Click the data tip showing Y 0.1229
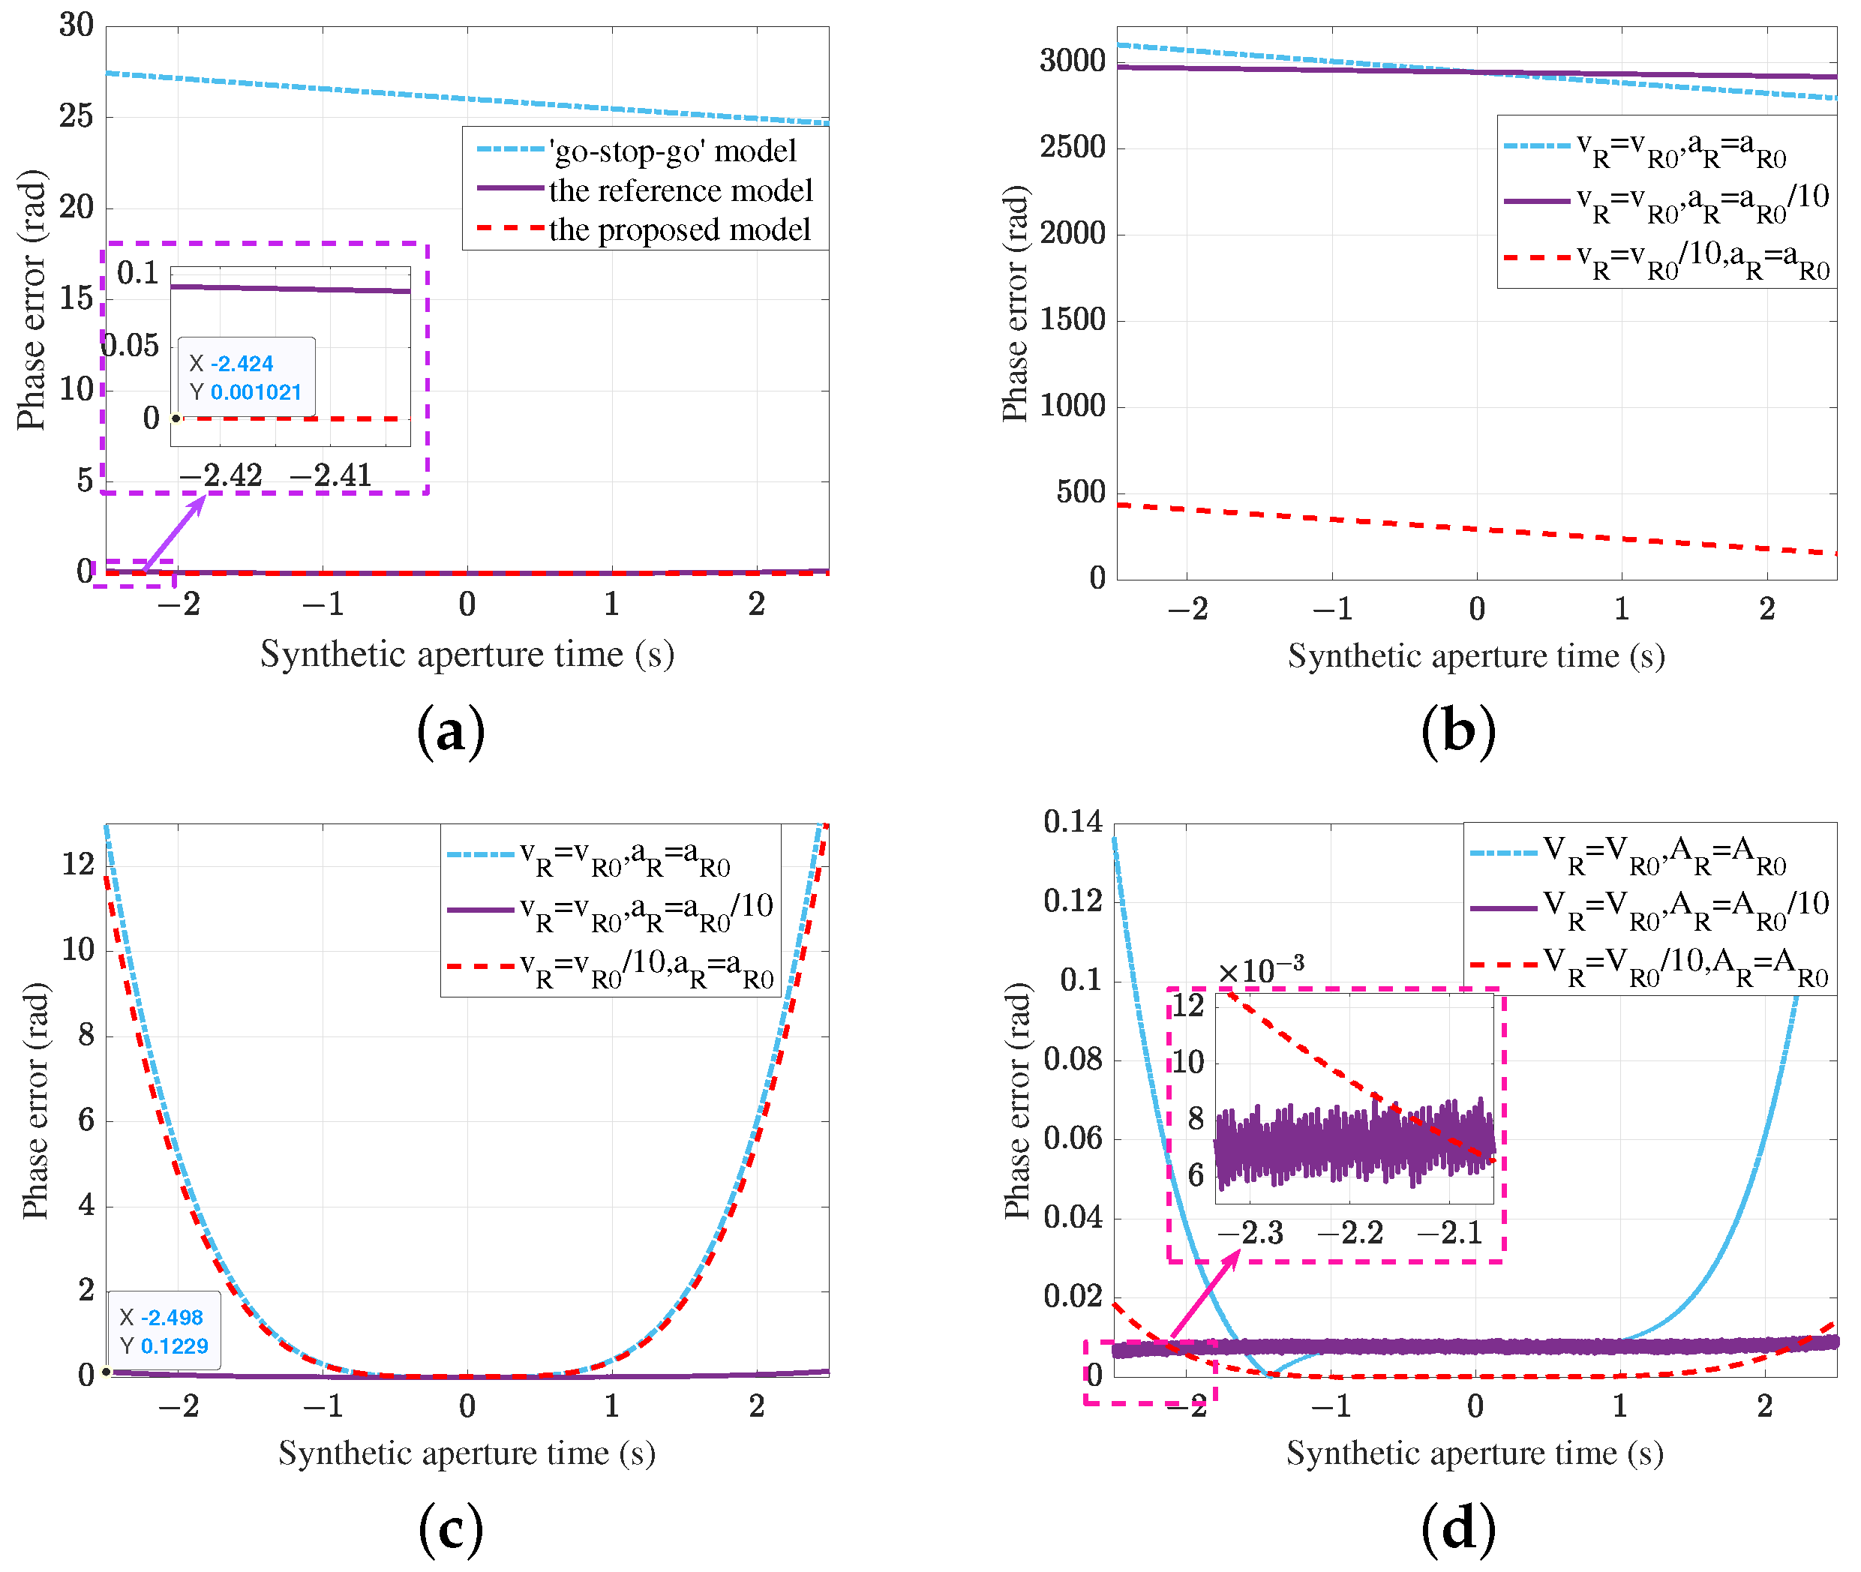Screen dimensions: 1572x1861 (164, 1331)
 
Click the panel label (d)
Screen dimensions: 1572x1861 (1457, 1529)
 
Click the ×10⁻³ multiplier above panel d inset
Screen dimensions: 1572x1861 (1260, 970)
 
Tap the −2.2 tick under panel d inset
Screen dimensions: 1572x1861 (1349, 1233)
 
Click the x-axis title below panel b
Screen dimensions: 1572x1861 (1476, 657)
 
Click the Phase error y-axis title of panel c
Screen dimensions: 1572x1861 (36, 1099)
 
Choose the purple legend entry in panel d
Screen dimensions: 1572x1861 (1649, 909)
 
